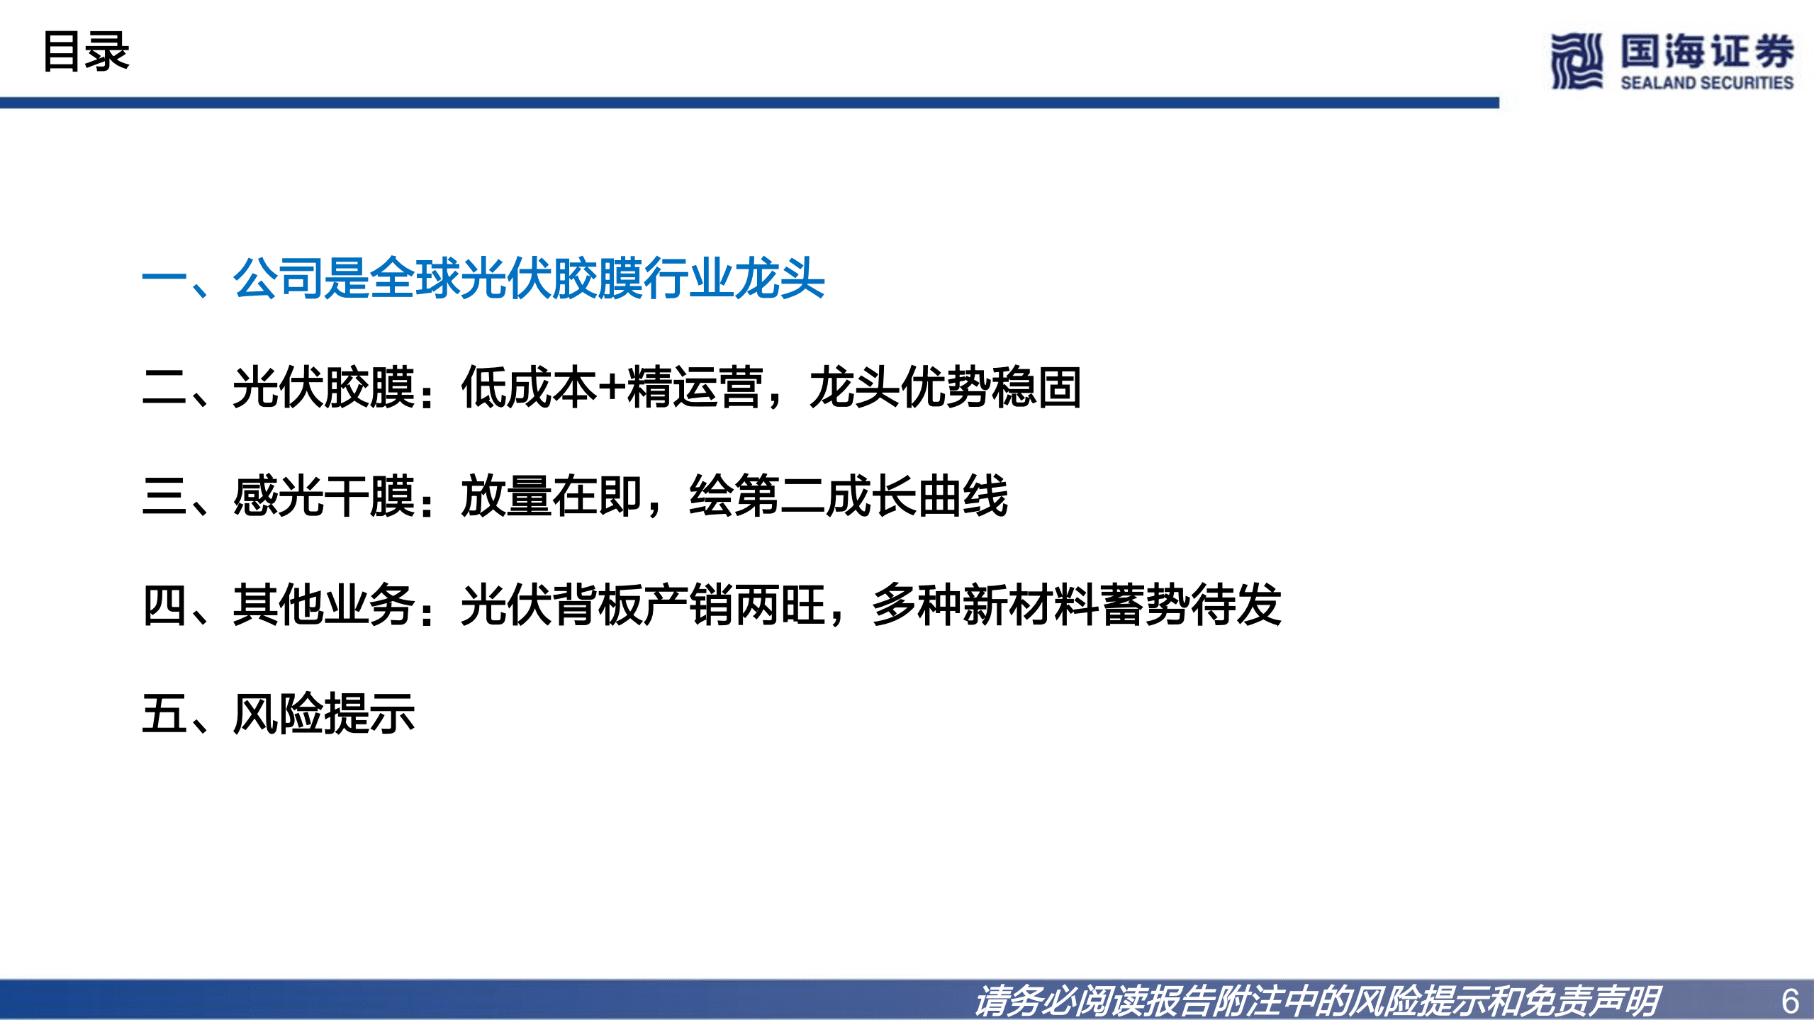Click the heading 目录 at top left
point(86,52)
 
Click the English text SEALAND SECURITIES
point(1706,83)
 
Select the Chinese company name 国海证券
point(1706,51)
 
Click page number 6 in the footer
point(1789,1001)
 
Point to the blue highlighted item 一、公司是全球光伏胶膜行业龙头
point(483,278)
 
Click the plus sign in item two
point(610,387)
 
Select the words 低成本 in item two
point(528,387)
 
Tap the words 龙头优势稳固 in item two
point(945,387)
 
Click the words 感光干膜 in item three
point(323,496)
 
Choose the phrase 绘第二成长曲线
point(848,496)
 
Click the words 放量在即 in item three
point(551,496)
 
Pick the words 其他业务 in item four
point(323,605)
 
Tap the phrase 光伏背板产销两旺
point(642,605)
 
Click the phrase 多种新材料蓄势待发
point(1076,605)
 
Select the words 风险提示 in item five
point(323,714)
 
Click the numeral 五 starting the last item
point(164,714)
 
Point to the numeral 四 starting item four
point(164,605)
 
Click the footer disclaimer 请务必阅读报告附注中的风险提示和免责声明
point(1316,1001)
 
